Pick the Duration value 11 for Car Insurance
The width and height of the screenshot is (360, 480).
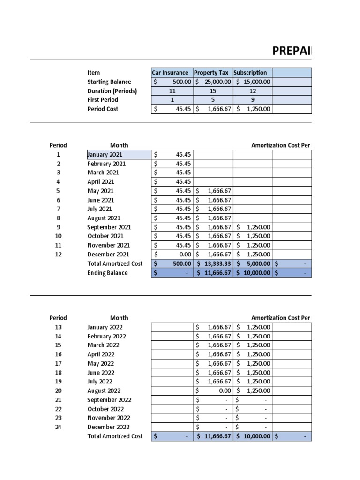[x=172, y=91]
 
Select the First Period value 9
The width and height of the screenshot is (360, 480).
[x=252, y=100]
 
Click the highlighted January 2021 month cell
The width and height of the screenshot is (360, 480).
[x=119, y=155]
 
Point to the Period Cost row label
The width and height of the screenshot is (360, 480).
[x=103, y=109]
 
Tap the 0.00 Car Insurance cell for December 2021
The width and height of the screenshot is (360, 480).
[x=172, y=255]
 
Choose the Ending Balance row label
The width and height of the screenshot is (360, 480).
[x=107, y=273]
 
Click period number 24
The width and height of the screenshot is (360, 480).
[x=58, y=427]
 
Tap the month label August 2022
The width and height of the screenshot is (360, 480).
[x=104, y=391]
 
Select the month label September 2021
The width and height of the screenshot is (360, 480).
[x=109, y=227]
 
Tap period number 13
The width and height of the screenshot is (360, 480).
[x=58, y=327]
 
